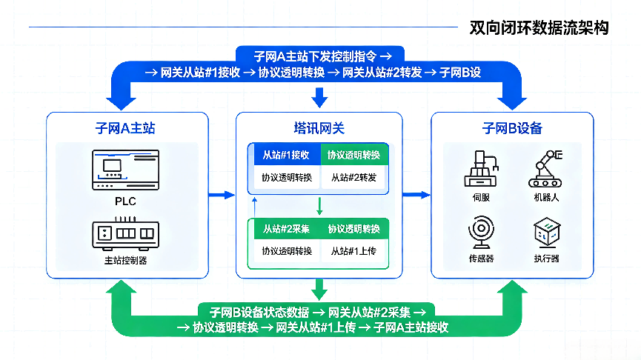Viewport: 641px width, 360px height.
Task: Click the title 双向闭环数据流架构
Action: click(x=539, y=28)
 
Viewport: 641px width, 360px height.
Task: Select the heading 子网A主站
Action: click(x=125, y=128)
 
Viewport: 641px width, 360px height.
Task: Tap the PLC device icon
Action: click(x=125, y=170)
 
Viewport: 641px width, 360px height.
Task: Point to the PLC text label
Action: click(x=125, y=201)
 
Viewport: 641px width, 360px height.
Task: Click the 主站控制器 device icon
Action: click(x=125, y=233)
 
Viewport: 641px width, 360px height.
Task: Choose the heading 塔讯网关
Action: click(x=319, y=128)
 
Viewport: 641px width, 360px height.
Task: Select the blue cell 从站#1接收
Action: click(x=286, y=155)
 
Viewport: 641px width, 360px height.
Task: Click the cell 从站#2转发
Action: click(x=353, y=178)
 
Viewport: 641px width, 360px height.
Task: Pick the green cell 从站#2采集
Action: click(x=286, y=229)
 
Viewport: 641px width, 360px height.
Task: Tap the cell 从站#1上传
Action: click(x=353, y=251)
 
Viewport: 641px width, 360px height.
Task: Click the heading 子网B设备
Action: click(x=512, y=128)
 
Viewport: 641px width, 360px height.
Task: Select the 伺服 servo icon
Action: click(x=481, y=169)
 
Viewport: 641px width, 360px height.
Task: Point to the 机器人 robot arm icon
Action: click(x=545, y=169)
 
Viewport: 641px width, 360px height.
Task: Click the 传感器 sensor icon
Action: click(x=481, y=232)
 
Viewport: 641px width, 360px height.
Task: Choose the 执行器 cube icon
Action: click(x=547, y=232)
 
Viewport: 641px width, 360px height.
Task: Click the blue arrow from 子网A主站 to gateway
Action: click(x=222, y=195)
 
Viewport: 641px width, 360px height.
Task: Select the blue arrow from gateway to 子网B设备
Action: click(x=416, y=195)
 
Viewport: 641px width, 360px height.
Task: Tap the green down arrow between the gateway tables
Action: click(x=319, y=206)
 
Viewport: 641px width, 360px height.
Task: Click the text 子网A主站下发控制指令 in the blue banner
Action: click(x=315, y=56)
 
